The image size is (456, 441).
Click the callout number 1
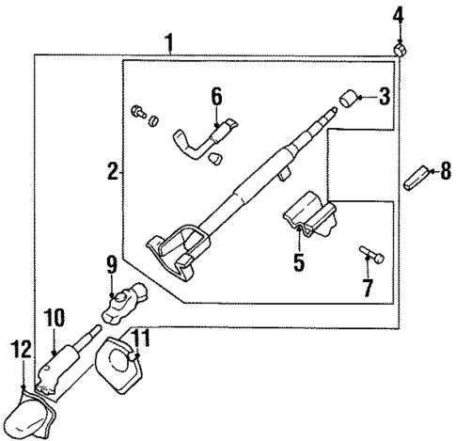click(169, 42)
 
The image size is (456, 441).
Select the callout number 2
click(112, 171)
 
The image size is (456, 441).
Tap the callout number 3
click(384, 96)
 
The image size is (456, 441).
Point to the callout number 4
click(398, 14)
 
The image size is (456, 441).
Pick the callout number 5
click(298, 263)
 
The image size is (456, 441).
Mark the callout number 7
click(368, 285)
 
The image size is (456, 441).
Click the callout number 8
click(432, 170)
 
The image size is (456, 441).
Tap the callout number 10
click(54, 318)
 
